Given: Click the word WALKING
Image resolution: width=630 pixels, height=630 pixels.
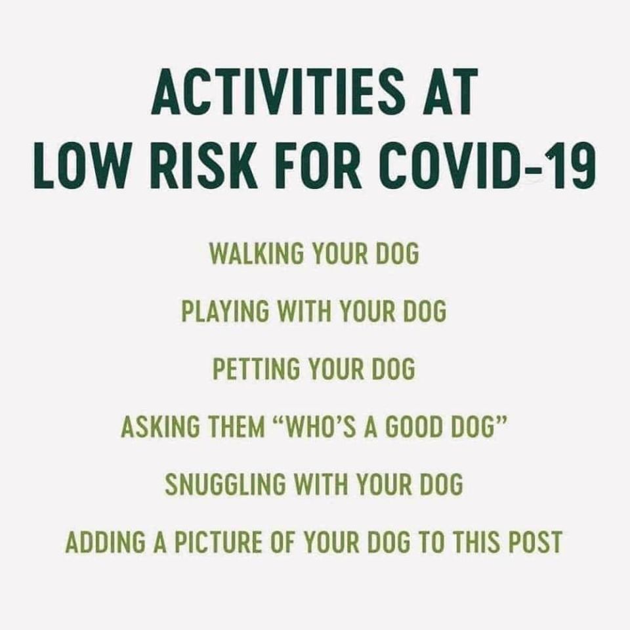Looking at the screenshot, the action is [257, 254].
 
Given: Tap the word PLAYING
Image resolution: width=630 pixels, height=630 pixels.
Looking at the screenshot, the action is [224, 311].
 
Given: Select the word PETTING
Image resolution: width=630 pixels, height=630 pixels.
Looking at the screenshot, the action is [256, 369].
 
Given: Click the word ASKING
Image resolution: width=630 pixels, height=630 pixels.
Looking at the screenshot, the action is [159, 427].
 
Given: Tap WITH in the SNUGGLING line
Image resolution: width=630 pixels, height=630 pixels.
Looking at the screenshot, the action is [321, 484].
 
